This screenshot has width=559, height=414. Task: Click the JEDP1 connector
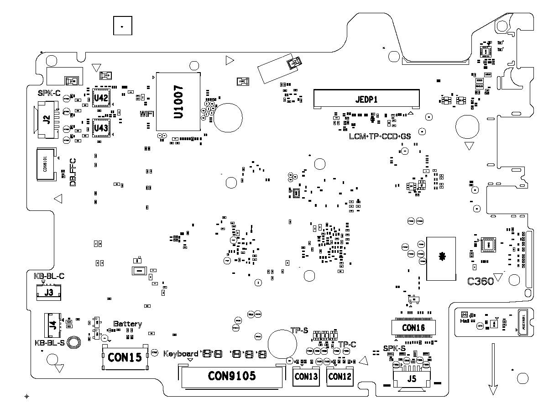pos(366,99)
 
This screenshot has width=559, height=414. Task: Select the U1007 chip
pos(178,102)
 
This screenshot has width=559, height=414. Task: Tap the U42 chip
pos(100,98)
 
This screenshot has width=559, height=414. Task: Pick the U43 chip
pos(100,128)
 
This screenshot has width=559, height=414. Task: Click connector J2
pos(47,121)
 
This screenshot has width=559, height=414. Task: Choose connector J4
pos(53,326)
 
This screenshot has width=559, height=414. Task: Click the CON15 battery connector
pos(125,358)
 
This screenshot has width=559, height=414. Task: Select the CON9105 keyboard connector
pos(232,376)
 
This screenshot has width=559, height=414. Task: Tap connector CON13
pos(306,377)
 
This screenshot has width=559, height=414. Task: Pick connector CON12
pos(340,377)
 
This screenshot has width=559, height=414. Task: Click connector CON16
pos(413,327)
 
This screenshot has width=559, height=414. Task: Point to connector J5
pos(412,378)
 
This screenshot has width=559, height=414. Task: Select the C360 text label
pos(481,281)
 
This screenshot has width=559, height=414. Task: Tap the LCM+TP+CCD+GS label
pos(380,136)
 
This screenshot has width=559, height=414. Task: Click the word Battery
pos(127,324)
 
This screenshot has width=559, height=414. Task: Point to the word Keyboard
pos(181,353)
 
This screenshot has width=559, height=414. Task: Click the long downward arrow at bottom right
pos(493,370)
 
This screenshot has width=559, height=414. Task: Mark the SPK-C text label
pos(49,93)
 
